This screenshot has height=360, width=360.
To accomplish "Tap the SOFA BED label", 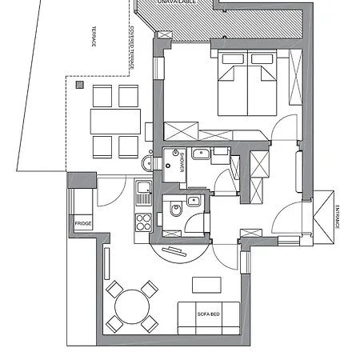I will point(209,314).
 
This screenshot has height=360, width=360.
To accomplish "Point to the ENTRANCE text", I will point(337,217).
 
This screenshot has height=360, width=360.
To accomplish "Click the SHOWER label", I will point(182,156).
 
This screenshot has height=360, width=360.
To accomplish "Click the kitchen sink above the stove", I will point(143,192).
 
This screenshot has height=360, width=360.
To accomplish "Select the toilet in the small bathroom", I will point(175,213).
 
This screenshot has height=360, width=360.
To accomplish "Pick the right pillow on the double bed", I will point(262,59).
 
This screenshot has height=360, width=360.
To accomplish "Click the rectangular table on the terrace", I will point(115,122).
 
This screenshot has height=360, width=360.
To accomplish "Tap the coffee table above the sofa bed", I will point(206,284).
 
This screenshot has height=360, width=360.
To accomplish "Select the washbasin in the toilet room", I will point(193,201).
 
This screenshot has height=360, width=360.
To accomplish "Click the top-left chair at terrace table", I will point(102,96).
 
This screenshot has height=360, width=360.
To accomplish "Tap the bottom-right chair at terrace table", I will point(129,146).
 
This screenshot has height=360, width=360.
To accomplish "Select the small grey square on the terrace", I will point(79,82).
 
